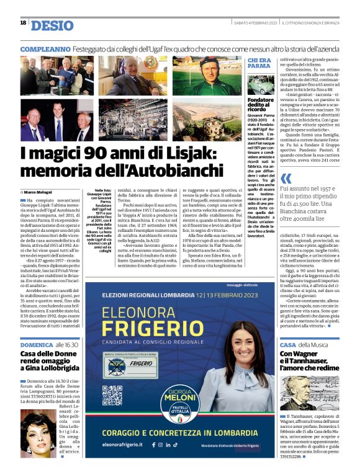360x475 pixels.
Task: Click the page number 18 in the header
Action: [23, 23]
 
